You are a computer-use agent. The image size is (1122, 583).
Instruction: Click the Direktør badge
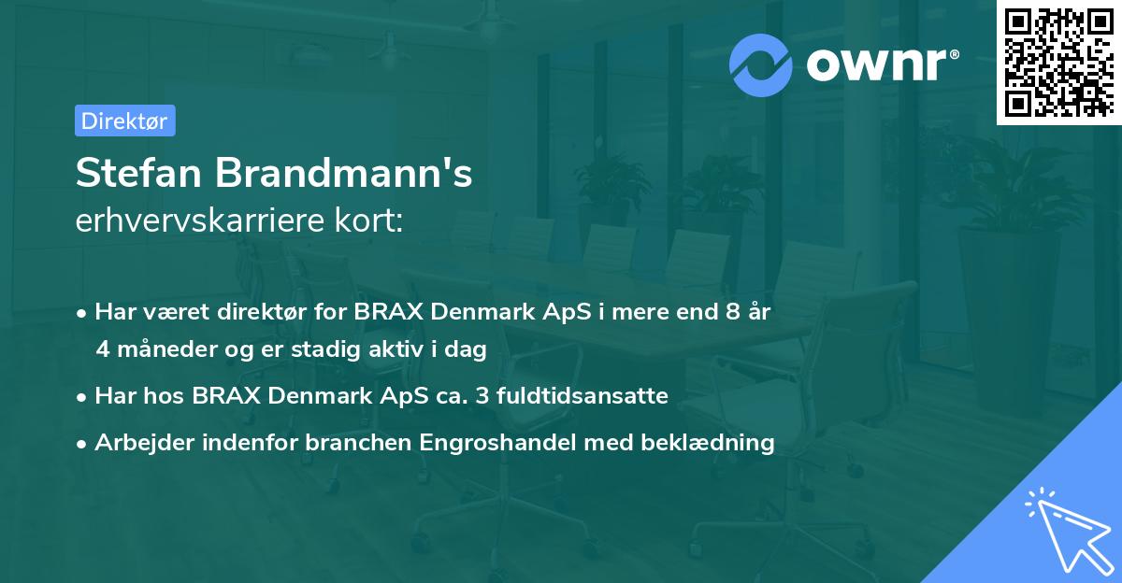[x=124, y=121]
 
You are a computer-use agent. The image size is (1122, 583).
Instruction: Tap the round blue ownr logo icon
[x=761, y=64]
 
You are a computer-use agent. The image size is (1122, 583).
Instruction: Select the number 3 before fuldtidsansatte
[x=482, y=396]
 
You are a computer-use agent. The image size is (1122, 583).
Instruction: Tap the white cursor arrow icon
[x=1065, y=528]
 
